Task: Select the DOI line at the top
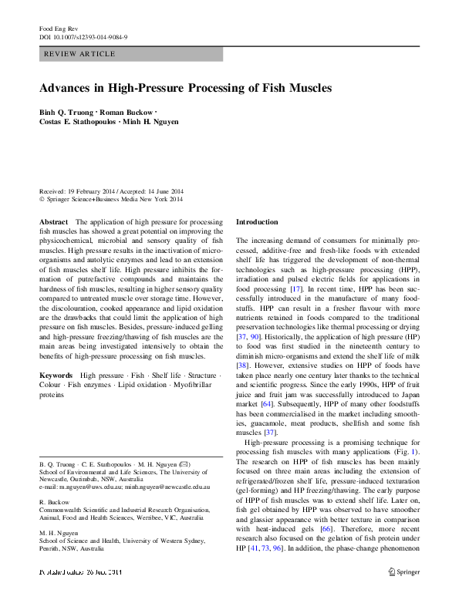tap(83, 37)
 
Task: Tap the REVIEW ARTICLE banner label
tap(80, 54)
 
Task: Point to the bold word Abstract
tap(52, 221)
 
